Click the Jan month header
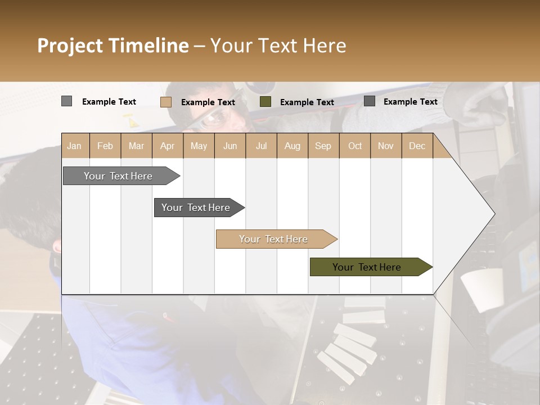pos(74,146)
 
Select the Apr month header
pos(167,146)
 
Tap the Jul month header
pos(261,146)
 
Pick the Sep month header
pos(323,146)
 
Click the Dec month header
pos(417,146)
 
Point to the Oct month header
pos(355,146)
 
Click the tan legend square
pos(166,102)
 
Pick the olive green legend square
pos(265,102)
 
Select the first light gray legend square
pos(66,101)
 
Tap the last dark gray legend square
pos(370,101)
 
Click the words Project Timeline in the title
pos(112,46)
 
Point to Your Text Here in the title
pos(278,46)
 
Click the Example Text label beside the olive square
pos(307,102)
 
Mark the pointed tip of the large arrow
pos(494,214)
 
